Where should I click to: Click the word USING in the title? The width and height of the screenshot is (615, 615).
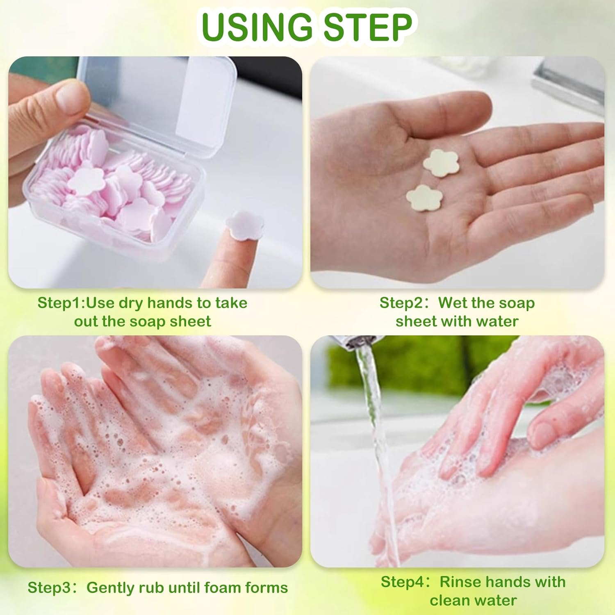(257, 27)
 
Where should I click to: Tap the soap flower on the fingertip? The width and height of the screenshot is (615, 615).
(244, 225)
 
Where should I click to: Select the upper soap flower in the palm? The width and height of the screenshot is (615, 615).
(441, 163)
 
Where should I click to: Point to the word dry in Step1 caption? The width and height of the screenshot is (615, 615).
(131, 303)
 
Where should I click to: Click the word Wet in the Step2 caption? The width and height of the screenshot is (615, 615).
(453, 303)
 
